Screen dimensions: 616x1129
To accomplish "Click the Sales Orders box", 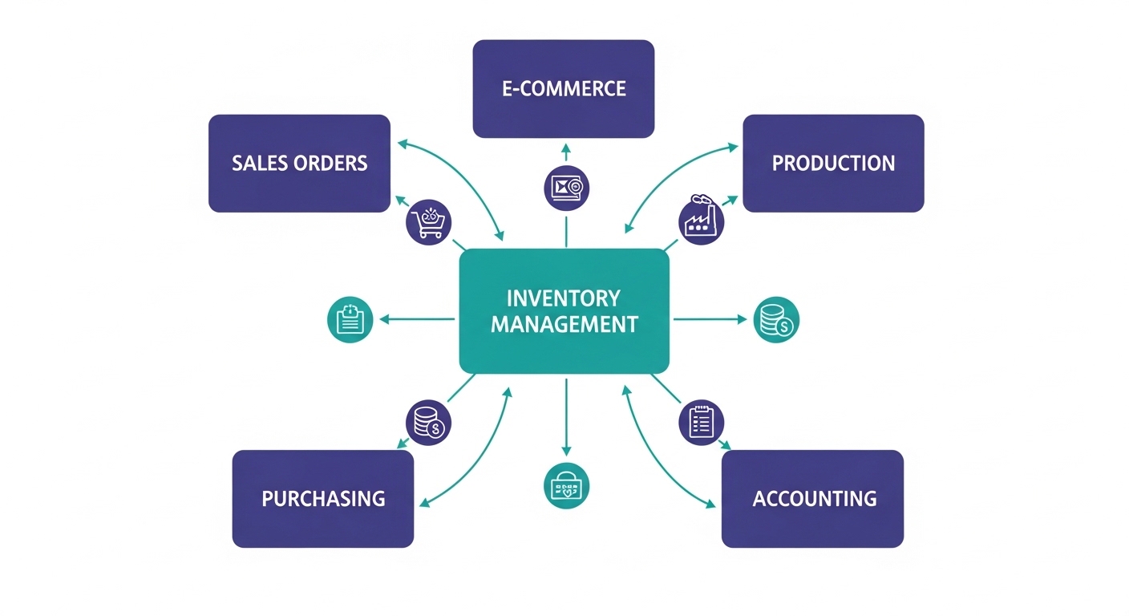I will click(299, 164).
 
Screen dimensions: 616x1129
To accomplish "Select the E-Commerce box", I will click(564, 88).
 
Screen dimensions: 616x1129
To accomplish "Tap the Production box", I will click(833, 164).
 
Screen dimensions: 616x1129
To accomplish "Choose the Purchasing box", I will click(323, 498).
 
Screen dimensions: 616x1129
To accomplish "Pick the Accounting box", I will click(812, 498).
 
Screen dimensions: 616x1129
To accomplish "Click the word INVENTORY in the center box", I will click(564, 298).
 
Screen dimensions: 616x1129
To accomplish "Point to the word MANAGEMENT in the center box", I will click(564, 325).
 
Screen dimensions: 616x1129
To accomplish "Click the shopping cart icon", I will click(429, 221).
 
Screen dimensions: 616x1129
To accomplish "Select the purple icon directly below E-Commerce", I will click(566, 188).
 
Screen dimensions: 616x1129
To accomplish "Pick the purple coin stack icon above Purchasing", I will click(428, 422).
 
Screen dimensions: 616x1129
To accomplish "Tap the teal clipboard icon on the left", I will click(350, 319).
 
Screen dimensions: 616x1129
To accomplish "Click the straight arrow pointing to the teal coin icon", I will click(709, 319).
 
